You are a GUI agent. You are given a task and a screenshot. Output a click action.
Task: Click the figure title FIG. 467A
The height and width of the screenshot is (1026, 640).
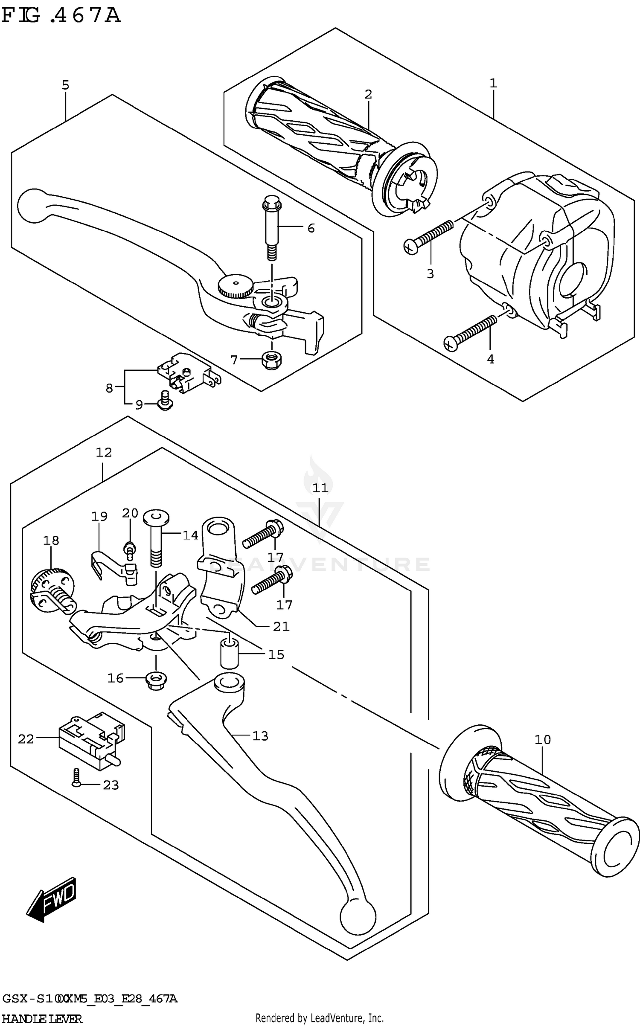click(61, 16)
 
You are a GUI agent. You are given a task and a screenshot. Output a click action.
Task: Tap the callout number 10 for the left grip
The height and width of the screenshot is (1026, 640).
click(543, 739)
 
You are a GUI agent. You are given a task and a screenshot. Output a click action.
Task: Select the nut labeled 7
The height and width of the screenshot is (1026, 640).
click(271, 360)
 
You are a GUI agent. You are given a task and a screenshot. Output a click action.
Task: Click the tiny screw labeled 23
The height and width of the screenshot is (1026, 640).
click(76, 777)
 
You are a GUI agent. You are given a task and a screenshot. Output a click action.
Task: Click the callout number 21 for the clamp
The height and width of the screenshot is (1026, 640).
click(281, 626)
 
